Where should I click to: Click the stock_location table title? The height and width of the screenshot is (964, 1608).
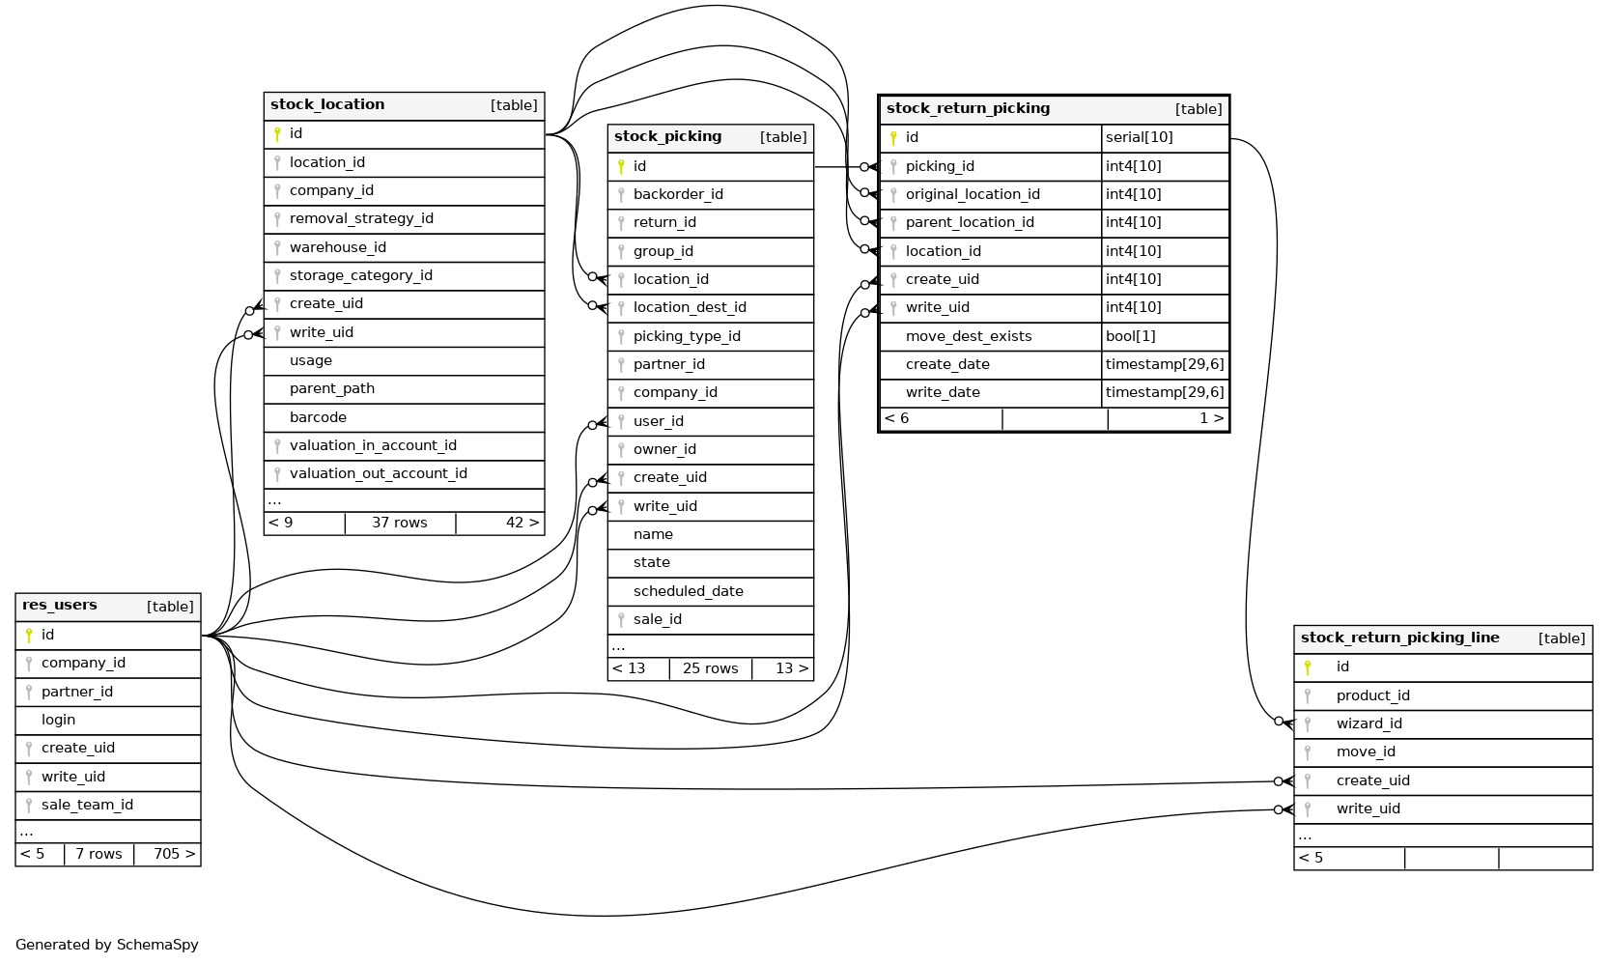(x=327, y=104)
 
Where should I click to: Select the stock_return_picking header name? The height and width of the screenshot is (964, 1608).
(x=968, y=108)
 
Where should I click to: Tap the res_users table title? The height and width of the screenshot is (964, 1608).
(x=60, y=606)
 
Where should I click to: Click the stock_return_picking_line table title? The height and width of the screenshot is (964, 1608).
(x=1399, y=638)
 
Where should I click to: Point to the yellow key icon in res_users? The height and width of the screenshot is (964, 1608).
(x=29, y=635)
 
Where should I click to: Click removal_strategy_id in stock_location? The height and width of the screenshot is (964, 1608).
(x=361, y=218)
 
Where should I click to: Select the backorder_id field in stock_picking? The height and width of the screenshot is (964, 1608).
(x=678, y=194)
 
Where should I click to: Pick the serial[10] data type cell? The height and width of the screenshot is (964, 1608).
(x=1140, y=137)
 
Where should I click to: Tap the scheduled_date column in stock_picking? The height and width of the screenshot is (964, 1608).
(x=688, y=591)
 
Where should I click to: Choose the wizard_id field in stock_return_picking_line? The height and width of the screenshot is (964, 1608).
(x=1368, y=723)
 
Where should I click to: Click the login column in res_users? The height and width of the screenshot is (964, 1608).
(x=58, y=720)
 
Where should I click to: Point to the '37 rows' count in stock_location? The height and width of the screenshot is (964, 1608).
(x=399, y=523)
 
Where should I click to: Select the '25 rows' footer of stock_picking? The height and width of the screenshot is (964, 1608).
(x=710, y=668)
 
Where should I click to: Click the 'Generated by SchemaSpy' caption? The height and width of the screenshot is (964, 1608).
(x=107, y=945)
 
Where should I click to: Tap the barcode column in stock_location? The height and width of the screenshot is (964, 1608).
(x=318, y=417)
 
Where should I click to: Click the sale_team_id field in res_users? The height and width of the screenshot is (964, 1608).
(x=87, y=805)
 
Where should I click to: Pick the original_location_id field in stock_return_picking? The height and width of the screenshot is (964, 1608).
(x=973, y=194)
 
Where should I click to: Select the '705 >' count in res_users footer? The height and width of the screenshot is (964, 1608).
(x=174, y=854)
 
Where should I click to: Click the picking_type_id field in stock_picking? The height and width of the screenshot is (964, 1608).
(x=687, y=336)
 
